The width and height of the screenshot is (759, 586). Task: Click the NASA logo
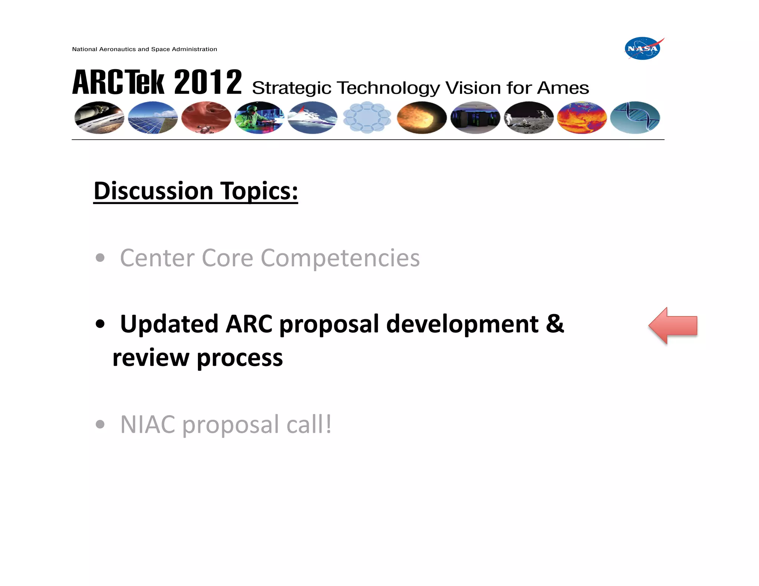tap(643, 49)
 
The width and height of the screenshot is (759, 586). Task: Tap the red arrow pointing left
tap(673, 326)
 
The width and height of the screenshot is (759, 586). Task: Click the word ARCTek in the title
tap(118, 82)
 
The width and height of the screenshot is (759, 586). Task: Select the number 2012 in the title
tap(208, 82)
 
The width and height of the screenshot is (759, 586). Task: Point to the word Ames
tap(563, 88)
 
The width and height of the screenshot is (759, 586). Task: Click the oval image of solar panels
tap(153, 118)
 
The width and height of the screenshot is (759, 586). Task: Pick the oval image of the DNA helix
tap(635, 118)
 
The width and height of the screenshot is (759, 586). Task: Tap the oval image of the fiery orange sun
tap(421, 118)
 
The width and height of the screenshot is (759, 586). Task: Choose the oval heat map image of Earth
tap(581, 118)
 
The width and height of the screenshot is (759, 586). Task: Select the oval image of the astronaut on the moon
tap(528, 118)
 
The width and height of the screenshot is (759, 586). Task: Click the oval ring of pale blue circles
tap(367, 117)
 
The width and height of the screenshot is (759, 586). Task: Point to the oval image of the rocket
tap(99, 118)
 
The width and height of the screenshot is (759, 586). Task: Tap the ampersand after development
tap(555, 324)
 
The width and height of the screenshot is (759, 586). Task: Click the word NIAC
tap(148, 424)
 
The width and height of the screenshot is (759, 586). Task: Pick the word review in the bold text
tap(150, 358)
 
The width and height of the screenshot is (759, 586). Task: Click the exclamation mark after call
tap(328, 424)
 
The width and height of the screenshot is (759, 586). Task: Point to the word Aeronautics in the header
tap(117, 49)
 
